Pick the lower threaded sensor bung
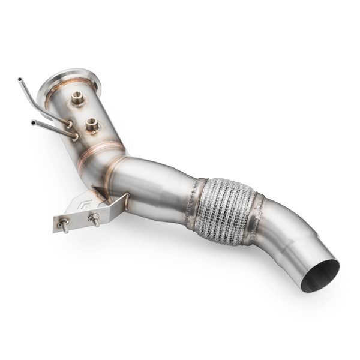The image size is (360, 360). [92, 125]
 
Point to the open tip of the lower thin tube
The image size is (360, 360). [33, 123]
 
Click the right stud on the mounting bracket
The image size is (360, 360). [94, 220]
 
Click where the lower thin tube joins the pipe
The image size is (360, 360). [74, 136]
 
